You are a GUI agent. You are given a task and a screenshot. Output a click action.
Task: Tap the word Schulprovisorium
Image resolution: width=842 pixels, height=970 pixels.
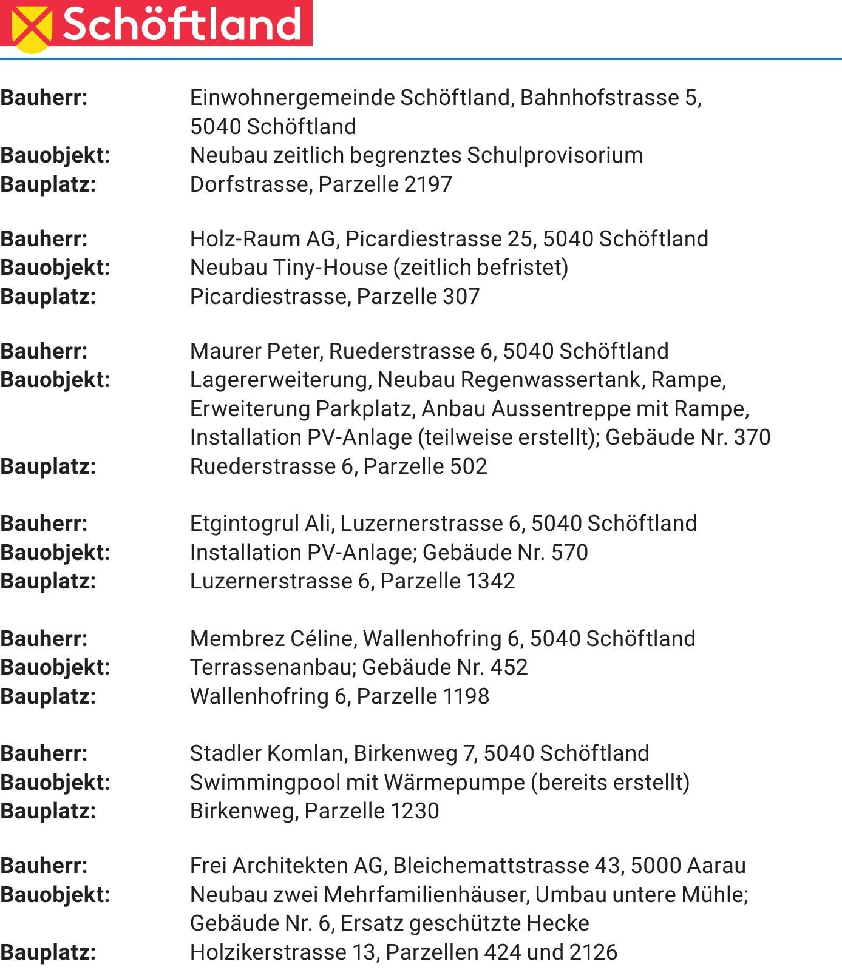coord(555,155)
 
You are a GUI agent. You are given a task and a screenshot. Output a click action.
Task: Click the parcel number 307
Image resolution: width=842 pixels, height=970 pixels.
coord(461,296)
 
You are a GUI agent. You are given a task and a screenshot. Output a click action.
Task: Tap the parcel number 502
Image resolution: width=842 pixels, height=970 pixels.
coord(468,466)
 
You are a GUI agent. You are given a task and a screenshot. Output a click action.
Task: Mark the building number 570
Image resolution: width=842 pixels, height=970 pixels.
coord(569,553)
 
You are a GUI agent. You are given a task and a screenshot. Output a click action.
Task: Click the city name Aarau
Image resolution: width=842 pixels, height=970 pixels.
coord(716,866)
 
